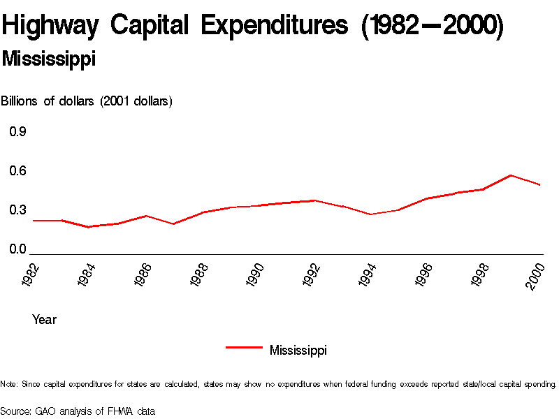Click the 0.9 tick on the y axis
pyautogui.click(x=17, y=131)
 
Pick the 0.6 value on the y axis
pyautogui.click(x=17, y=171)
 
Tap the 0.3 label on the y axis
pyautogui.click(x=17, y=210)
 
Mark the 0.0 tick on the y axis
pyautogui.click(x=17, y=249)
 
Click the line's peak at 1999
pyautogui.click(x=511, y=175)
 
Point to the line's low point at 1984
pyautogui.click(x=89, y=227)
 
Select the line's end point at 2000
pyautogui.click(x=540, y=185)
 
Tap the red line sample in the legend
pyautogui.click(x=244, y=346)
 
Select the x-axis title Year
pyautogui.click(x=44, y=320)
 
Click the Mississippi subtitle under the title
pyautogui.click(x=48, y=59)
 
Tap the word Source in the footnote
pyautogui.click(x=15, y=411)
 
